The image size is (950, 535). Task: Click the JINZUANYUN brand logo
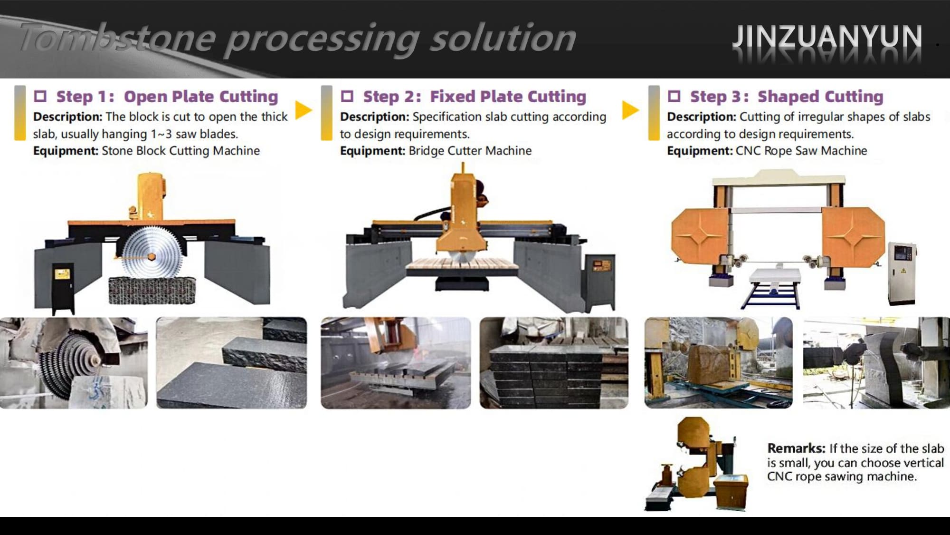click(x=827, y=37)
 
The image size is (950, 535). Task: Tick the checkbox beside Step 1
click(x=40, y=97)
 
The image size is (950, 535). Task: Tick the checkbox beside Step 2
click(x=347, y=97)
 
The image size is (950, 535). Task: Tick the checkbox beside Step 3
click(x=674, y=97)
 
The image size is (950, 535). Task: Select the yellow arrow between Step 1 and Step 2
click(x=303, y=110)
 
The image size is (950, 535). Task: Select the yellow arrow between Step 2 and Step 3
click(x=630, y=110)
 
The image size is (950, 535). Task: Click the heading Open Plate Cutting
click(x=201, y=97)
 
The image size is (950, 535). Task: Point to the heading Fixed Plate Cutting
click(x=508, y=97)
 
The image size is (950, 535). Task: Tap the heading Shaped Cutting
click(x=820, y=97)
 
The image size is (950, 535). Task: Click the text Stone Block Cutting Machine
click(x=181, y=151)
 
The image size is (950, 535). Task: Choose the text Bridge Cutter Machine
click(x=470, y=151)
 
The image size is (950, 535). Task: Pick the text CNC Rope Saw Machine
click(x=801, y=151)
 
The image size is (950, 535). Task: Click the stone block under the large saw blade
click(x=152, y=290)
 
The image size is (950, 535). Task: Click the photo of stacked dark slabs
click(x=554, y=363)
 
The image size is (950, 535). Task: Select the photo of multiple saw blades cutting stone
click(x=74, y=363)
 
